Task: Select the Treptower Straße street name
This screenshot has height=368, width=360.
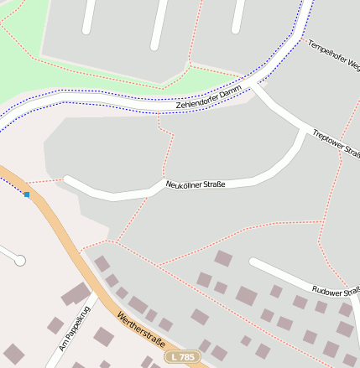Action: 335,145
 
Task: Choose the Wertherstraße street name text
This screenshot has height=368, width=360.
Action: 141,332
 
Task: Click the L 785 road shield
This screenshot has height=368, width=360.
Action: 181,357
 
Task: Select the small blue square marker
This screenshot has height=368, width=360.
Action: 27,194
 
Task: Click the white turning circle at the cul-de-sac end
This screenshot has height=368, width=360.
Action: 20,261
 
